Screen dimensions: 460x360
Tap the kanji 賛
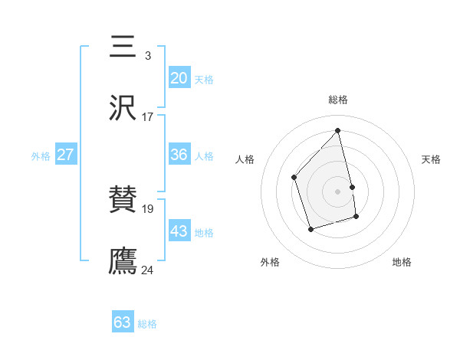click(123, 201)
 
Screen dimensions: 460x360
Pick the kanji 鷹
click(123, 260)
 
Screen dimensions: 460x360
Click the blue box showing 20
click(179, 78)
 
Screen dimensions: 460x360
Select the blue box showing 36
click(179, 155)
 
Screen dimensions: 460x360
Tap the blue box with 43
click(179, 231)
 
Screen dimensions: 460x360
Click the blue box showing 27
click(65, 155)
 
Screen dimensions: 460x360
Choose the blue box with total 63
click(123, 322)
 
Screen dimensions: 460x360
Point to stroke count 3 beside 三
click(147, 56)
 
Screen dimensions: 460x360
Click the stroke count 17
click(147, 116)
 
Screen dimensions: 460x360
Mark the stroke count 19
click(148, 208)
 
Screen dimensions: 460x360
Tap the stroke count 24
click(148, 269)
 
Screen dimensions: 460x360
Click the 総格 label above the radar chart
click(337, 100)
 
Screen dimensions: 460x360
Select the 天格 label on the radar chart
click(431, 159)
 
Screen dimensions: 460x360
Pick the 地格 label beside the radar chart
click(402, 262)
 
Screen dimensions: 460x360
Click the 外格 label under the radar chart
click(270, 262)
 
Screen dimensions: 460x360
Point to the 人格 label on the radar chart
click(245, 159)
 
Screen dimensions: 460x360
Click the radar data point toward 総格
click(337, 131)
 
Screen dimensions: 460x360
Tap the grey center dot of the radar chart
click(337, 191)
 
